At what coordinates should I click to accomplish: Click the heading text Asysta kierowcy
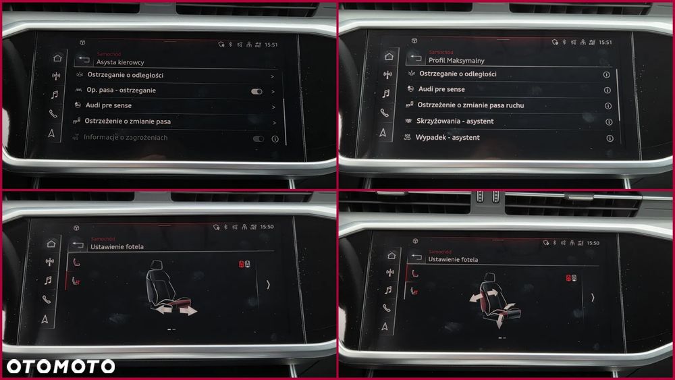point(120,62)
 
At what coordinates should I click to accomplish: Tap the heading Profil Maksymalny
point(456,61)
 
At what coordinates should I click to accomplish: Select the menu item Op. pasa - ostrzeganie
point(121,90)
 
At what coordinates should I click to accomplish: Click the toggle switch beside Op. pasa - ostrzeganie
point(256,91)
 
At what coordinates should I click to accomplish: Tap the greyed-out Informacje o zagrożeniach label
point(126,138)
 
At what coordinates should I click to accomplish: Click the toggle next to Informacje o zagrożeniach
point(258,138)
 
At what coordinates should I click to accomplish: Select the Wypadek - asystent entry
point(448,138)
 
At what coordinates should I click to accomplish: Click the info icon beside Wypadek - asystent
point(610,138)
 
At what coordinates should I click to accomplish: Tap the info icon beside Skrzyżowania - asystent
point(608,122)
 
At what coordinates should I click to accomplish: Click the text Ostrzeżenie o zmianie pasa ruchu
point(470,105)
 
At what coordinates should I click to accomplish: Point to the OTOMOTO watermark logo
point(61,367)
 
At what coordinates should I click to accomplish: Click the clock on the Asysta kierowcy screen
point(271,45)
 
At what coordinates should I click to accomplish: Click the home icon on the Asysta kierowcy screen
point(57,58)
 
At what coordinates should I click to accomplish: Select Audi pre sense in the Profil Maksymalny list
point(441,89)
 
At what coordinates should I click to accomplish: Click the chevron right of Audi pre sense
point(273,107)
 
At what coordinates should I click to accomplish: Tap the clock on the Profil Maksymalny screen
point(605,43)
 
